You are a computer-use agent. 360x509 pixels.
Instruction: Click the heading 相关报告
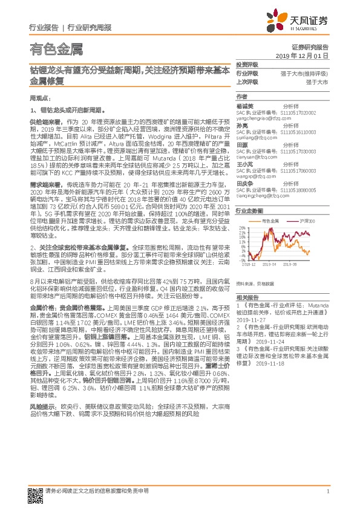pyautogui.click(x=247, y=297)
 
